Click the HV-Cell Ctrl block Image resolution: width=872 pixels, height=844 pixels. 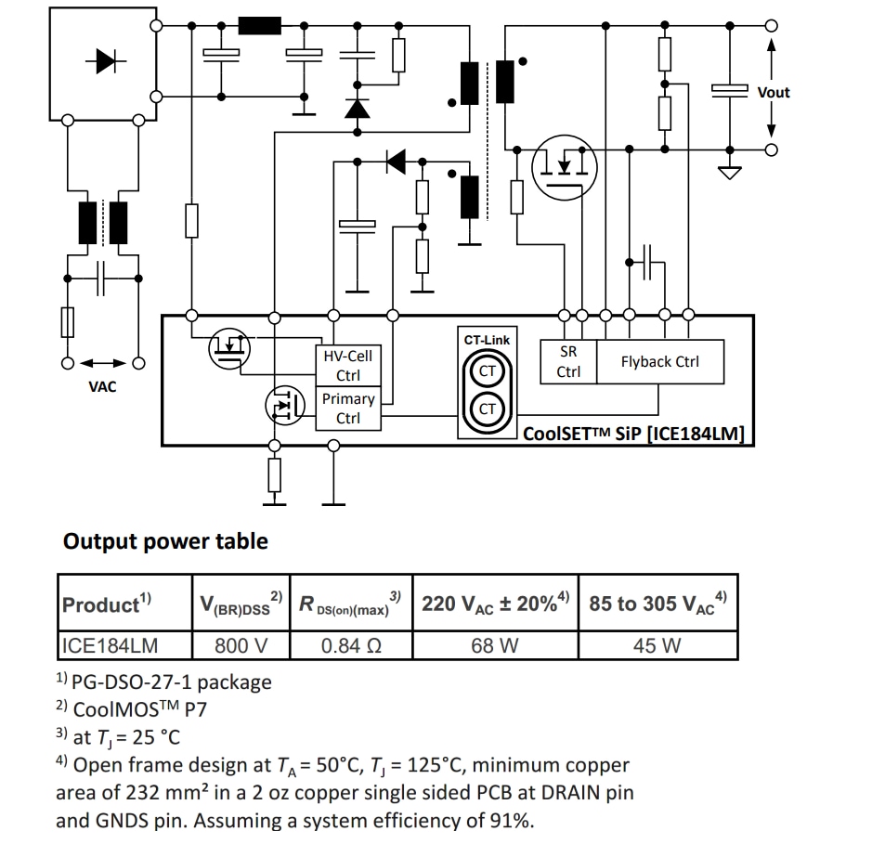pyautogui.click(x=348, y=366)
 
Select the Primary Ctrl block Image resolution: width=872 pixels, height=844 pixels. pyautogui.click(x=348, y=408)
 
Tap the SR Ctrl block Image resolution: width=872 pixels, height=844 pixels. pyautogui.click(x=568, y=362)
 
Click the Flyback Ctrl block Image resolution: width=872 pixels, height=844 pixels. pyautogui.click(x=659, y=361)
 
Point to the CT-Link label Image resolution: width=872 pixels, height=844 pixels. pyautogui.click(x=487, y=340)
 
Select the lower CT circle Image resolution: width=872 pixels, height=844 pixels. pyautogui.click(x=488, y=409)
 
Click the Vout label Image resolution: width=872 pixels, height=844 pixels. pyautogui.click(x=774, y=92)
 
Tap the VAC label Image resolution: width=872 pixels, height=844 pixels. pyautogui.click(x=102, y=386)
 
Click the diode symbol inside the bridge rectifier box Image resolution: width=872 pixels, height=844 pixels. pyautogui.click(x=103, y=60)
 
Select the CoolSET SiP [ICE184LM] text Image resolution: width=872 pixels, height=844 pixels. pyautogui.click(x=634, y=434)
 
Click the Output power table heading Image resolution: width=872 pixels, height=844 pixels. pyautogui.click(x=165, y=541)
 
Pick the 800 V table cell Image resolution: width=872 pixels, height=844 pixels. pyautogui.click(x=241, y=645)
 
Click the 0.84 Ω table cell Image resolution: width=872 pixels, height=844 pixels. pyautogui.click(x=349, y=645)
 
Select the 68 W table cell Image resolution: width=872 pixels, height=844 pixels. pyautogui.click(x=495, y=645)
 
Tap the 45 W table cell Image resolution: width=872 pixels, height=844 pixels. pyautogui.click(x=657, y=645)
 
